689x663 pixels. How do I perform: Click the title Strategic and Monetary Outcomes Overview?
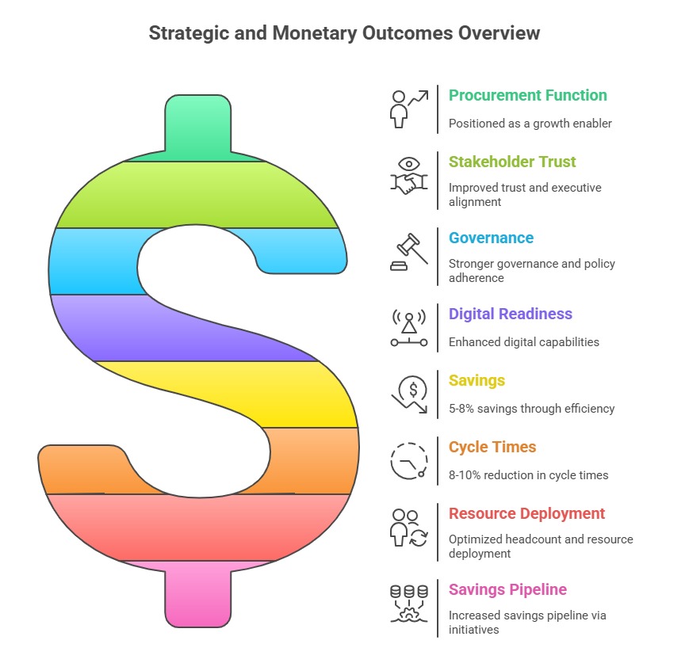pos(344,33)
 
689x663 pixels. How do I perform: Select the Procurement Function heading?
pos(528,95)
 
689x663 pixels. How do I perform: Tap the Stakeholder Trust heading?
pos(512,162)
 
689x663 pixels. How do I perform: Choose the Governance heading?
pos(491,238)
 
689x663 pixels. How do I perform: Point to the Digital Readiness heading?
pos(510,314)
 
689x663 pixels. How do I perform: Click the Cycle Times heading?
pos(492,448)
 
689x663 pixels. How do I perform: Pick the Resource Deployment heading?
pos(526,514)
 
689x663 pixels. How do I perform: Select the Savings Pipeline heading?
pos(507,589)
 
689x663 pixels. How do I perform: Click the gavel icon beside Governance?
pos(408,252)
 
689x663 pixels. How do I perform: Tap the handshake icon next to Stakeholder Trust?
pos(408,176)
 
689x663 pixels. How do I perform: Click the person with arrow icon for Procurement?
pos(408,109)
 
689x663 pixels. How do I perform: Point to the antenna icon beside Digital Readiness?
pos(408,328)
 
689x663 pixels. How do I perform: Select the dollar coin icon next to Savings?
pos(410,394)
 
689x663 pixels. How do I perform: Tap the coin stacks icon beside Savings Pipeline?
pos(408,604)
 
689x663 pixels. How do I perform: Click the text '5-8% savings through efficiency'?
pos(531,409)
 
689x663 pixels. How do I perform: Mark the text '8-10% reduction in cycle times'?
pos(528,475)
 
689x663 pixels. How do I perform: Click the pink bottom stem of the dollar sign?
pos(197,595)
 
